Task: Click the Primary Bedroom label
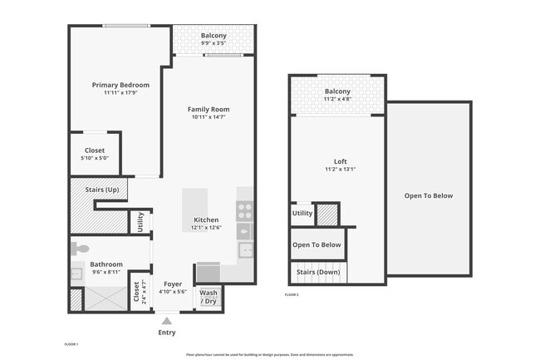click(x=120, y=85)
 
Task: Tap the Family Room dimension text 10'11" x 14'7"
click(x=209, y=118)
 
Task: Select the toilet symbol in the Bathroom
click(x=80, y=249)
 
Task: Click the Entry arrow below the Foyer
click(x=167, y=320)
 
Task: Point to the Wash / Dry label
click(x=209, y=297)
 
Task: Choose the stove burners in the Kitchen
click(x=244, y=210)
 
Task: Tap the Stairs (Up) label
click(x=101, y=190)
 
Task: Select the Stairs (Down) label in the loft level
click(x=318, y=272)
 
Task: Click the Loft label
click(x=341, y=161)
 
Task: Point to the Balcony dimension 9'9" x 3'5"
click(x=214, y=44)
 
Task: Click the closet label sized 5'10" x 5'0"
click(x=95, y=150)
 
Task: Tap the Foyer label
click(x=173, y=284)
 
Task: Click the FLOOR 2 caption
click(x=292, y=295)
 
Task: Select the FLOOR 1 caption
click(x=71, y=343)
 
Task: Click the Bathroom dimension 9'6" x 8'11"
click(x=106, y=272)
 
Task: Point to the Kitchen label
click(x=206, y=220)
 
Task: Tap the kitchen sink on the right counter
click(x=245, y=249)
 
